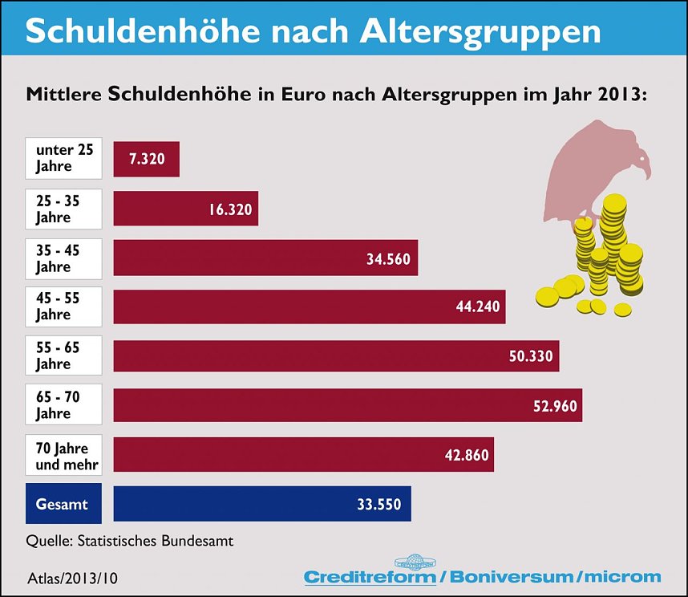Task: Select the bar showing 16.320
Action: (186, 209)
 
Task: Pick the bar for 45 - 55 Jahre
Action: (310, 307)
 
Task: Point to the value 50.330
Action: (531, 355)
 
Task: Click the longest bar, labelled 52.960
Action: (347, 405)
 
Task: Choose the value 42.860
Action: (466, 455)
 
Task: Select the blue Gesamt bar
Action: (262, 504)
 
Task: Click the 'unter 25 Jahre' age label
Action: (64, 159)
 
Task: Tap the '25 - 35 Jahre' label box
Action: (64, 209)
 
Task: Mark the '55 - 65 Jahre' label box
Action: (64, 355)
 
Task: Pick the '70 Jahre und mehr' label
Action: (64, 455)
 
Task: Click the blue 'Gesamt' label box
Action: (64, 504)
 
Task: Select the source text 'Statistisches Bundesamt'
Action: (156, 541)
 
